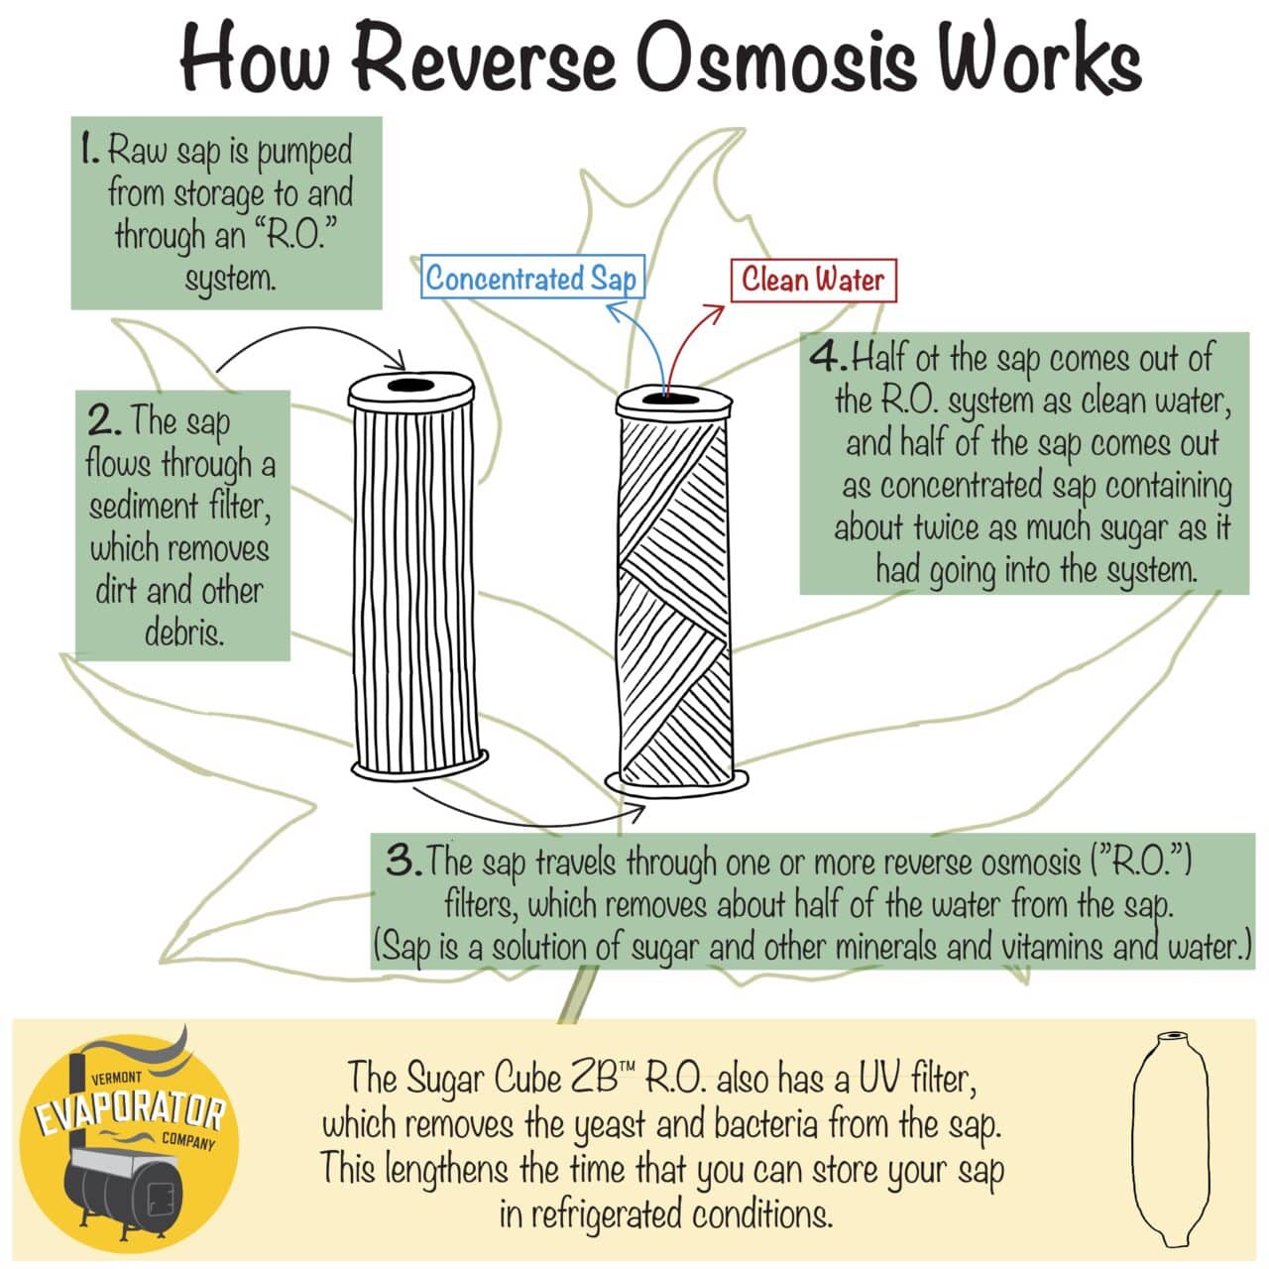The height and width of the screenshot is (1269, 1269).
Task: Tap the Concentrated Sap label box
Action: pos(531,278)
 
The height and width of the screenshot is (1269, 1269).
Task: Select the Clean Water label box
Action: pos(812,280)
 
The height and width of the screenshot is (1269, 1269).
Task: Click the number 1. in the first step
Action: pos(90,150)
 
